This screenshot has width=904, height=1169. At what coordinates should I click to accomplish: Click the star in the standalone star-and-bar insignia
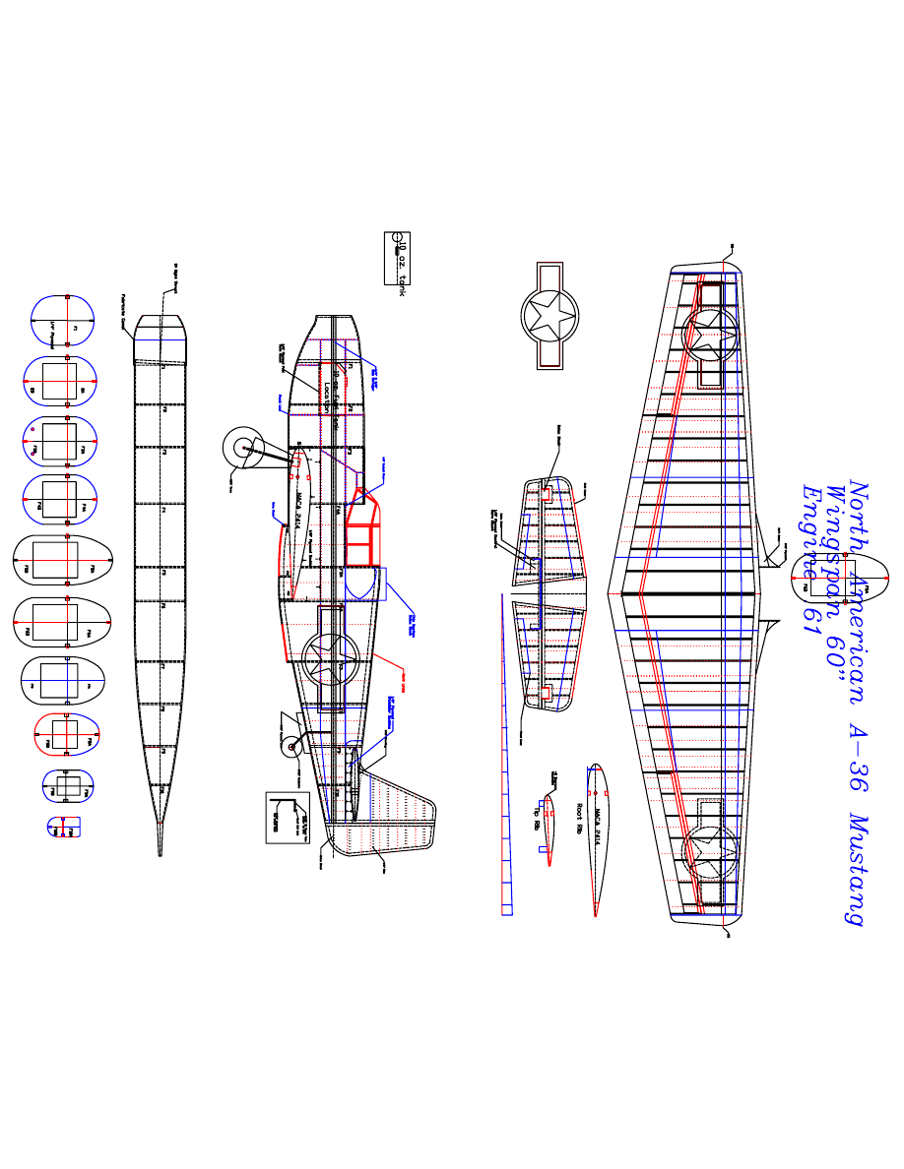pyautogui.click(x=549, y=315)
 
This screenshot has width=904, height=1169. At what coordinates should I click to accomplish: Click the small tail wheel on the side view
pyautogui.click(x=292, y=749)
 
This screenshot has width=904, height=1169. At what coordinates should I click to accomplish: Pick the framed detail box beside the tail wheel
pyautogui.click(x=287, y=817)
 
